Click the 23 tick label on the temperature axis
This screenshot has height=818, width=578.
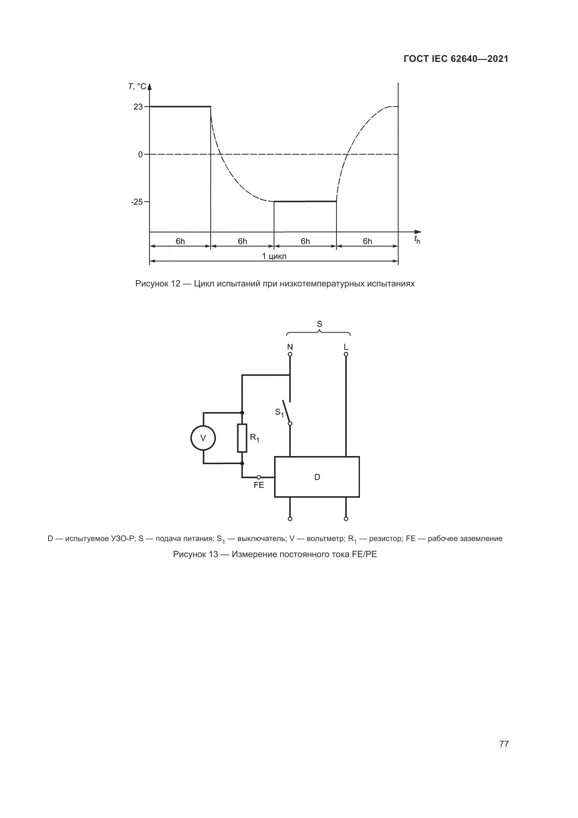click(x=138, y=107)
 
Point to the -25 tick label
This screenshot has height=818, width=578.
click(x=137, y=202)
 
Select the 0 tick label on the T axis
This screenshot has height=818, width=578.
click(x=140, y=155)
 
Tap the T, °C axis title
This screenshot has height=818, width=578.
click(x=137, y=86)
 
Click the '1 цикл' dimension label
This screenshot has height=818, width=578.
click(x=274, y=256)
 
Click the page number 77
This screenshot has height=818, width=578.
click(x=504, y=744)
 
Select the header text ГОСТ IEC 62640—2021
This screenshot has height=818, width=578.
click(x=456, y=59)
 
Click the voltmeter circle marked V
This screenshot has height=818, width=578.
click(x=203, y=438)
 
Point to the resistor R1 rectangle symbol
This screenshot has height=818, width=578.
click(x=242, y=438)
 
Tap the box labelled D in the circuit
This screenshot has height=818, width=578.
click(x=317, y=477)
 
